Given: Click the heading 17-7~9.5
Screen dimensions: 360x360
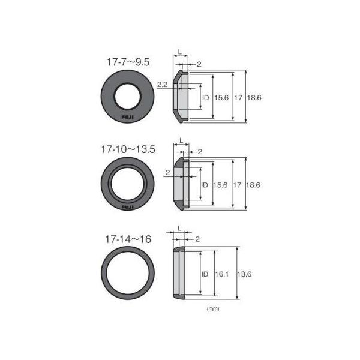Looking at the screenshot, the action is point(128,62).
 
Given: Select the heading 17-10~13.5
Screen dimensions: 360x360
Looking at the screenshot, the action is point(128,149).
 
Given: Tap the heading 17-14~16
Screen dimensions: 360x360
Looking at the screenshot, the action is point(128,239).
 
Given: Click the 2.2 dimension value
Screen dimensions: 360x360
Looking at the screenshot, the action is point(162,85).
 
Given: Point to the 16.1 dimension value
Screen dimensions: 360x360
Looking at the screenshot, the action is point(222,274).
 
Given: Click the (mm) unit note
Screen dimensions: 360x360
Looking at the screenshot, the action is point(213,308).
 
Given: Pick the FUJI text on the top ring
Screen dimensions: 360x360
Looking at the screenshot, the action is point(127,118).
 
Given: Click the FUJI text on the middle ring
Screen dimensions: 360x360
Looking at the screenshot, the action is point(127,207).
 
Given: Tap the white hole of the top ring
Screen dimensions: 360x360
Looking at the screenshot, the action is point(127,97).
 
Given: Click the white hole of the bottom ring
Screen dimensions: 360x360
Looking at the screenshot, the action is point(128,273).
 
